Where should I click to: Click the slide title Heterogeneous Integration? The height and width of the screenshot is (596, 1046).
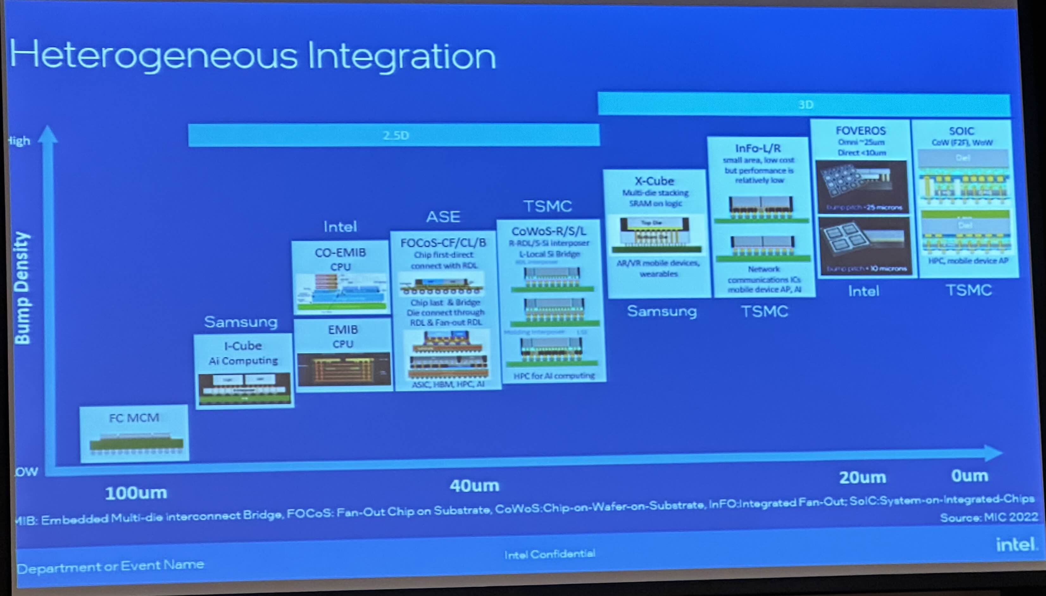tap(253, 56)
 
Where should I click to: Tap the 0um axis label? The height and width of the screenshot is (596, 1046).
tap(969, 476)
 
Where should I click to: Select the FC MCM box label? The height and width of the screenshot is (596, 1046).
tap(134, 418)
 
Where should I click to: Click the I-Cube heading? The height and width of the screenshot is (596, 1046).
tap(243, 346)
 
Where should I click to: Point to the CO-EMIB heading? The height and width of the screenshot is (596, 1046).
tap(340, 252)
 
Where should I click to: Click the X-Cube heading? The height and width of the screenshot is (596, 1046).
tap(654, 181)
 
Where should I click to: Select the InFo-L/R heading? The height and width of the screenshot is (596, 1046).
tap(758, 148)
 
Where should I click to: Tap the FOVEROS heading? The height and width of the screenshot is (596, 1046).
tap(861, 131)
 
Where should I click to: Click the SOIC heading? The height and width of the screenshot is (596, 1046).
tap(961, 131)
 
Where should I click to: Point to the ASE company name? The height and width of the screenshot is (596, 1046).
tap(443, 217)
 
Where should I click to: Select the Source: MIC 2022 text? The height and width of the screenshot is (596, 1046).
tap(989, 518)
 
